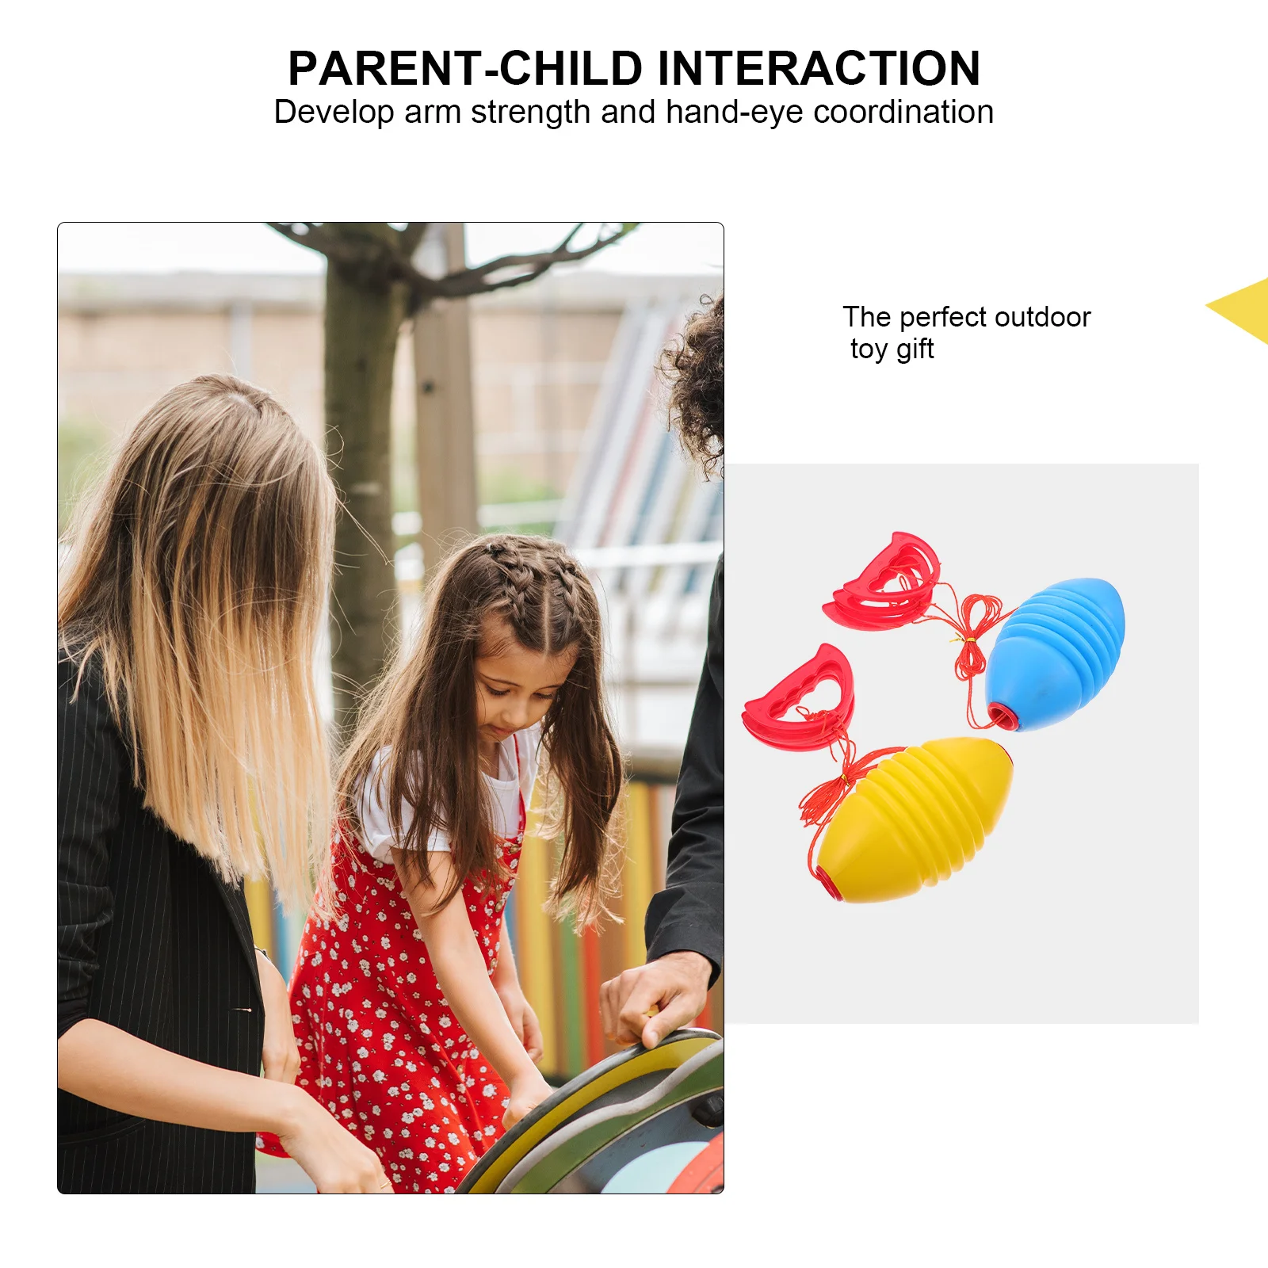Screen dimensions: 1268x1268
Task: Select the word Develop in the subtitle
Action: tap(333, 113)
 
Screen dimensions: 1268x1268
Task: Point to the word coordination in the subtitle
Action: tap(903, 113)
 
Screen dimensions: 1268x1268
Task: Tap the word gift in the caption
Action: tap(915, 349)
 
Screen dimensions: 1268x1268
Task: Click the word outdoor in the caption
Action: tap(1042, 317)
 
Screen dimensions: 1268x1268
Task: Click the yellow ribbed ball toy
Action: tap(915, 820)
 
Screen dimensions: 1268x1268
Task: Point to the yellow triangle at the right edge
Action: tap(1244, 309)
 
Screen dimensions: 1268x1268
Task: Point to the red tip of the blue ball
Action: tap(1001, 716)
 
